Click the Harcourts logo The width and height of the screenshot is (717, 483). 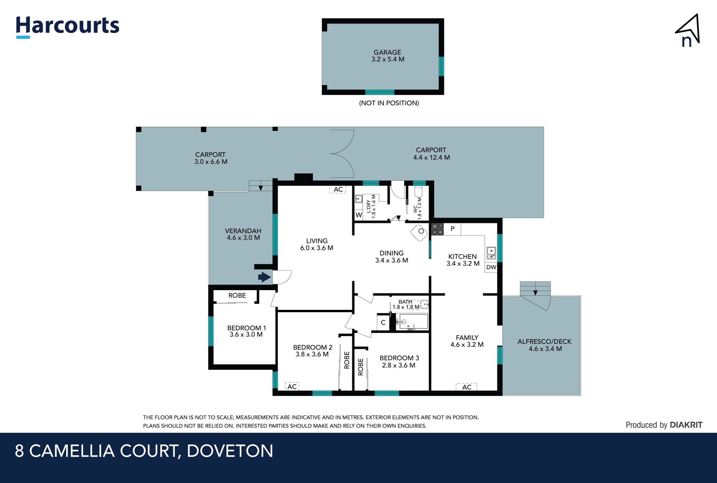[x=67, y=26]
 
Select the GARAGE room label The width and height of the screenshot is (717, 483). [x=387, y=52]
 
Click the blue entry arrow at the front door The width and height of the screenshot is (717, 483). [x=265, y=277]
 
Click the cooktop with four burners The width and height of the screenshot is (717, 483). [x=437, y=229]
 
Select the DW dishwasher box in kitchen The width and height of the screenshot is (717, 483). [x=491, y=267]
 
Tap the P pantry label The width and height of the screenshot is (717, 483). [x=452, y=229]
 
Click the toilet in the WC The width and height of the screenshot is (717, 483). [x=419, y=192]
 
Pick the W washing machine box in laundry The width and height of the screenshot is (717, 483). [x=358, y=215]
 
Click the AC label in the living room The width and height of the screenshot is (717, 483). [x=338, y=190]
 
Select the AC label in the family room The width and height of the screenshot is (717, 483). [x=466, y=387]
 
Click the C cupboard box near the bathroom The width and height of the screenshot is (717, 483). [x=383, y=322]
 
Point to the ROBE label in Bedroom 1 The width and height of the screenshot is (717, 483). [x=237, y=295]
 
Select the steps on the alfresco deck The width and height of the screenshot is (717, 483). [x=535, y=289]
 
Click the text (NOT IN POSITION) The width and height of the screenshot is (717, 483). [x=389, y=103]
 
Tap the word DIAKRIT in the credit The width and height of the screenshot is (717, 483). [x=686, y=425]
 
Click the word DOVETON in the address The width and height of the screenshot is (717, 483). [x=230, y=451]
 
